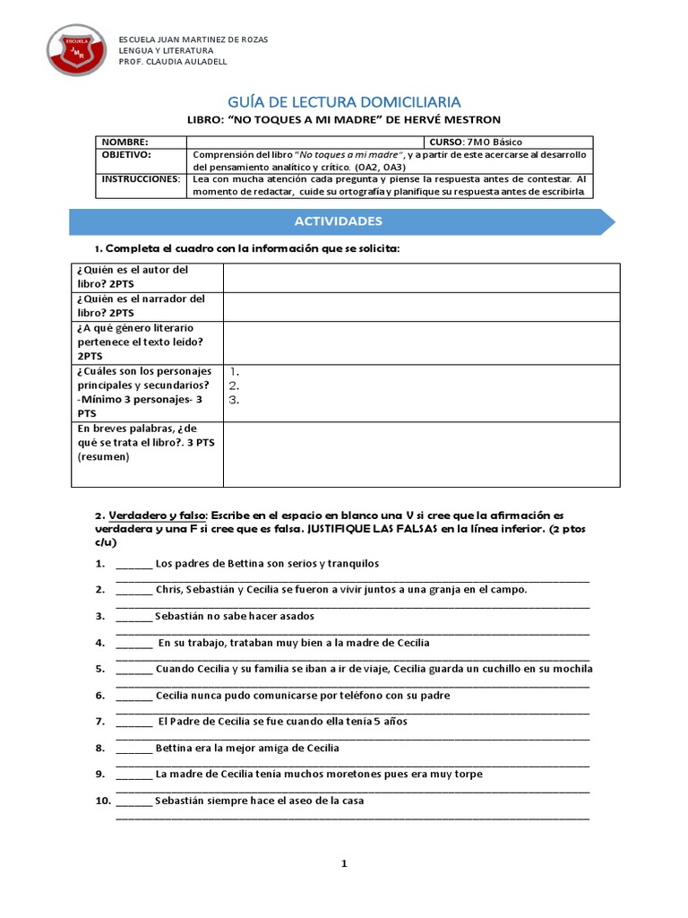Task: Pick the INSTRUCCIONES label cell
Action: click(140, 179)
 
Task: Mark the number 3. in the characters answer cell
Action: click(234, 401)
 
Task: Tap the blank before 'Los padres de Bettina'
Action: click(133, 564)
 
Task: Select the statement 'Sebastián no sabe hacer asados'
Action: click(234, 616)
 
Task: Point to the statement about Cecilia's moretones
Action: click(319, 774)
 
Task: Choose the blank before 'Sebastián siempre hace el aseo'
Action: click(133, 801)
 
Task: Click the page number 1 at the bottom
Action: click(343, 864)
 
